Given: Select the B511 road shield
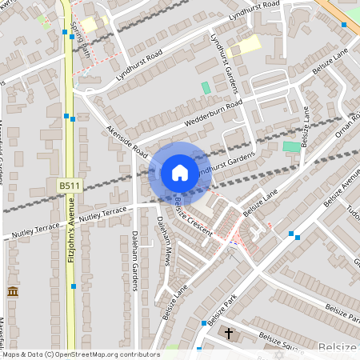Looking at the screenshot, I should point(69,185).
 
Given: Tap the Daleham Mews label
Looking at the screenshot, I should point(165,240).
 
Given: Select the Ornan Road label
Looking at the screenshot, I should point(348,126).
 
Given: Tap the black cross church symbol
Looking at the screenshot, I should point(228,332).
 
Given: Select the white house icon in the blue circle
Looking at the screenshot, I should point(180,173).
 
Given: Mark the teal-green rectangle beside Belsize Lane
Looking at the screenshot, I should point(291,148).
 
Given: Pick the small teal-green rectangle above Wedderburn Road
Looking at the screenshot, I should point(206,86).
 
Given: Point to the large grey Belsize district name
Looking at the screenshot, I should point(335,349).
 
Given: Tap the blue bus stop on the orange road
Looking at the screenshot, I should point(344,25).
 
